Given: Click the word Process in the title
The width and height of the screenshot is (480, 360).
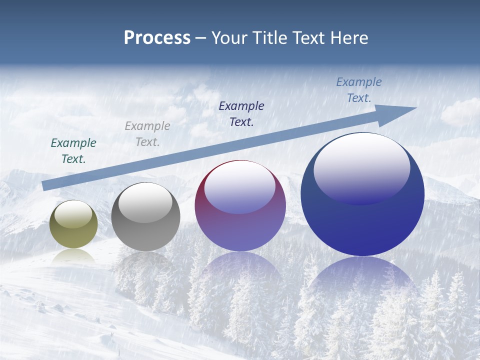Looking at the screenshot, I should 157,38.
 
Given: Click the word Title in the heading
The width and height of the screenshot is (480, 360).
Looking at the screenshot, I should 269,38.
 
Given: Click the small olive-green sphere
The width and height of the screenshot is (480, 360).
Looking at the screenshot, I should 73,224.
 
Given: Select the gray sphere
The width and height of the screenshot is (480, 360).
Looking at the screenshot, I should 145,217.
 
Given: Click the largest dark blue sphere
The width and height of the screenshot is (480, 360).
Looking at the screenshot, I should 362,194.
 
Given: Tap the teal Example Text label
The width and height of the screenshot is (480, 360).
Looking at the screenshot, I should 73,150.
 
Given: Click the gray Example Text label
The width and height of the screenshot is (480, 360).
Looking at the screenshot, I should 147,133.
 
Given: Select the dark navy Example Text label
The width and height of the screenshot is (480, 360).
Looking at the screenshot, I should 241,113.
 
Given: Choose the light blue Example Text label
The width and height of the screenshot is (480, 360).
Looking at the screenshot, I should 358,89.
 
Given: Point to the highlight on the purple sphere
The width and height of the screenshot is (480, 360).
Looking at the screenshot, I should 239,187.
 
